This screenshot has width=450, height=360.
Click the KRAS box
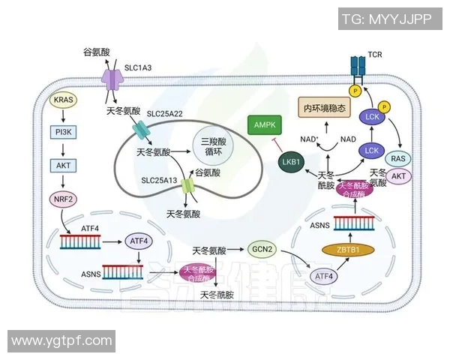click(63, 99)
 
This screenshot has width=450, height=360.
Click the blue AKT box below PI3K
click(63, 165)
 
